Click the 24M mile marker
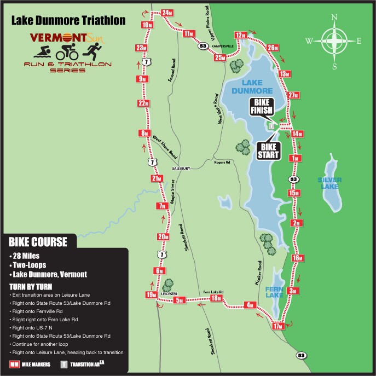(167, 12)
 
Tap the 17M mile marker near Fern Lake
(277, 327)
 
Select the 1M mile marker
(296, 158)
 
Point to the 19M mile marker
(151, 296)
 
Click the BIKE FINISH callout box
(261, 107)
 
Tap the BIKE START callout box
(269, 149)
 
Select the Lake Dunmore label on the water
(252, 86)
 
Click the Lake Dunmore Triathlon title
(68, 21)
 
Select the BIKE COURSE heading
(38, 241)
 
